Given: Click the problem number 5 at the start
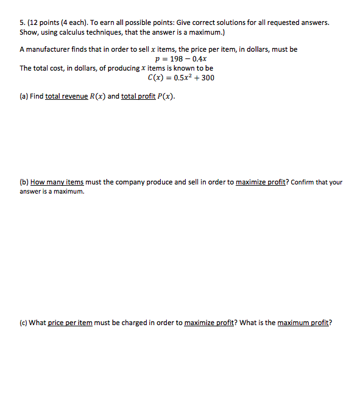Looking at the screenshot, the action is (x=22, y=22).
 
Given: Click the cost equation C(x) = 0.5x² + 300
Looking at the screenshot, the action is (x=181, y=77).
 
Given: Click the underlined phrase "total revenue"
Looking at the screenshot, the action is (x=66, y=96).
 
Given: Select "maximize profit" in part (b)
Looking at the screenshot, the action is (x=259, y=182).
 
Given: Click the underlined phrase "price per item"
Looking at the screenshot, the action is (x=70, y=323).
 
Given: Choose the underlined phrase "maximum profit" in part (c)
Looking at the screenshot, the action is (x=303, y=323).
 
